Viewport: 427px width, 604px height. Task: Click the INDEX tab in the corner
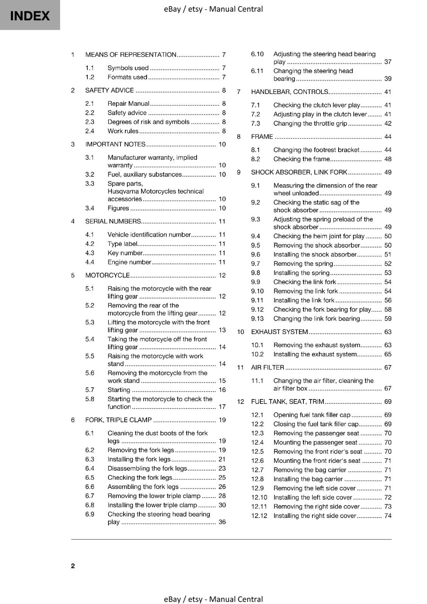30,15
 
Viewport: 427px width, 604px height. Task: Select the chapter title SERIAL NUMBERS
113,222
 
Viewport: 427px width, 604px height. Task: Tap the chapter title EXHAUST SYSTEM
280,332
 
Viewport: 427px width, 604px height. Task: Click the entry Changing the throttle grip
310,123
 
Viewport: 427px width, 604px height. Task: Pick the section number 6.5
90,478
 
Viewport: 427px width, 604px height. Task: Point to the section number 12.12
259,516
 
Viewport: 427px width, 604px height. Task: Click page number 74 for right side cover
388,516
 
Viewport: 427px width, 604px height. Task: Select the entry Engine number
129,262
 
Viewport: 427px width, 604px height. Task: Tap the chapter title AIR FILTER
268,367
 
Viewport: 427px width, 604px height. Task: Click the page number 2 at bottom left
73,565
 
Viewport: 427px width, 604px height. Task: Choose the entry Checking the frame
302,159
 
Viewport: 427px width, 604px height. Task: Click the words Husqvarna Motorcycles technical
155,191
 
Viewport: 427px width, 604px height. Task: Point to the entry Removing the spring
303,263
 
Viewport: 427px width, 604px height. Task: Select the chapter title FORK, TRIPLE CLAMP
118,420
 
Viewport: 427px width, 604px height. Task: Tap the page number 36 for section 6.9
222,522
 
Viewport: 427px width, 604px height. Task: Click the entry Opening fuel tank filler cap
312,415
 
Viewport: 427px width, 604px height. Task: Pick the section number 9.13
257,319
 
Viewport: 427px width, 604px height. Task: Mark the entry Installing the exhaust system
315,354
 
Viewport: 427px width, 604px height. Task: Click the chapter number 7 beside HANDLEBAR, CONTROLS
238,92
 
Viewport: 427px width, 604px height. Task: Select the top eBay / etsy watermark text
213,9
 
